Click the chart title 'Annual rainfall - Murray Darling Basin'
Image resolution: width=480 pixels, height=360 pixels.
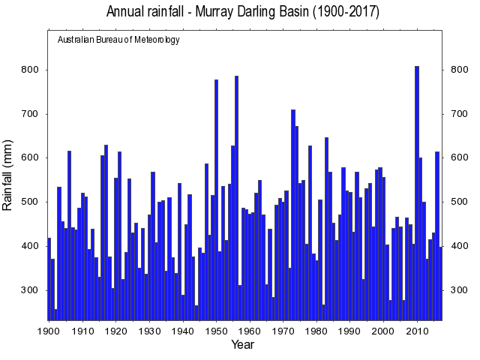(x=242, y=12)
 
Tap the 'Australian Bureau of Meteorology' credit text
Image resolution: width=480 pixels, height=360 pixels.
(x=118, y=40)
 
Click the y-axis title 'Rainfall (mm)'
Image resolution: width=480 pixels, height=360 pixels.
(x=8, y=174)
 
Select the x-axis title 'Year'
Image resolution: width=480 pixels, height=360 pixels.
(x=242, y=344)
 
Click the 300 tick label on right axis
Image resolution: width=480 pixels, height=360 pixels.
(x=456, y=290)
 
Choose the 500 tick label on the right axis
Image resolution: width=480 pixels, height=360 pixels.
(x=456, y=202)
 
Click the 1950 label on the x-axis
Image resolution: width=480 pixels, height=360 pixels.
(x=216, y=330)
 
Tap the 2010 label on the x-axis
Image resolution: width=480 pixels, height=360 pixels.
(x=417, y=330)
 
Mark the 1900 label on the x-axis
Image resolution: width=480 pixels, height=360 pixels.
(x=49, y=330)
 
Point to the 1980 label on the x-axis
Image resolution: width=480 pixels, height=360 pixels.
(x=316, y=330)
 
